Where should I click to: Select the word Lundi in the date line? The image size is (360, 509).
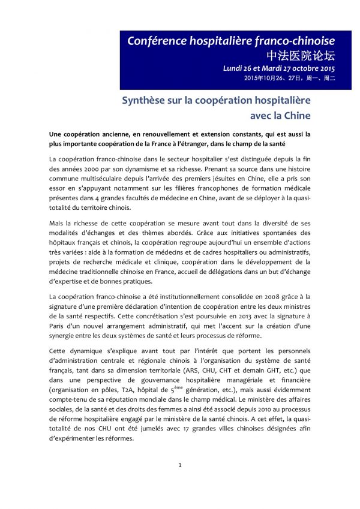point(231,69)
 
